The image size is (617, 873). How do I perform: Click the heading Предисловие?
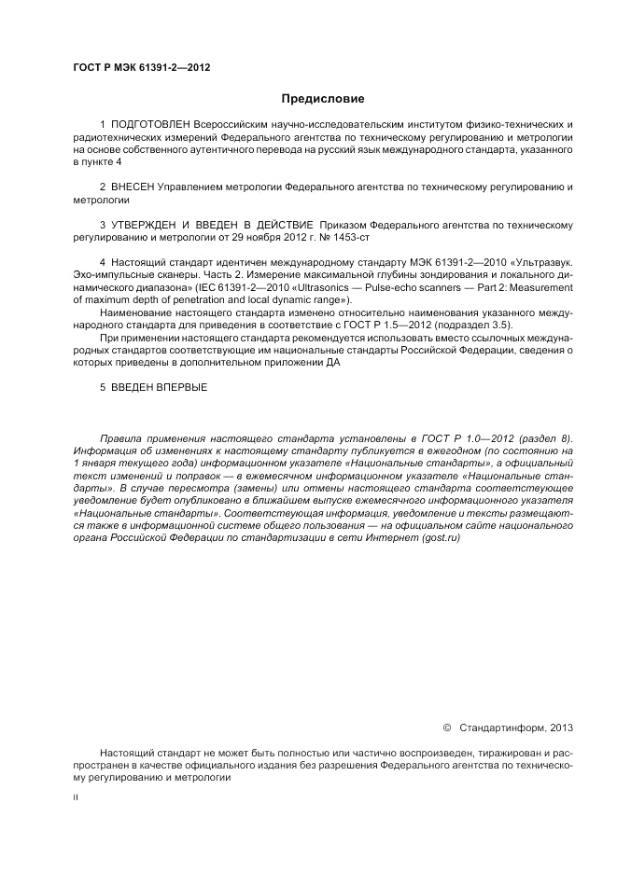tap(322, 98)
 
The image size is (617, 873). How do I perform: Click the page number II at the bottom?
tap(76, 799)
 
